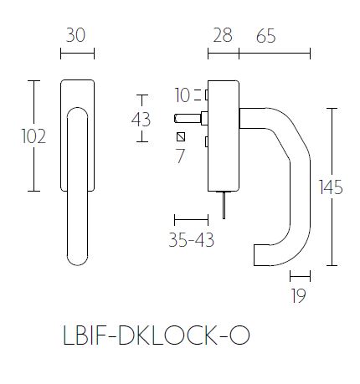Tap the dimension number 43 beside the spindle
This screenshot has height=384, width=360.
tap(141, 120)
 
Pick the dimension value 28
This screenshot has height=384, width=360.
tap(223, 36)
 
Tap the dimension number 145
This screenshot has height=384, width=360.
tap(332, 187)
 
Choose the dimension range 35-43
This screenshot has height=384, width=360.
tap(190, 241)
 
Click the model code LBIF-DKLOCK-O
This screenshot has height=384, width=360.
tap(156, 335)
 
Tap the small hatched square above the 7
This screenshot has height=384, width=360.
tap(180, 136)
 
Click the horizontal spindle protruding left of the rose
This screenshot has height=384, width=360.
tap(188, 118)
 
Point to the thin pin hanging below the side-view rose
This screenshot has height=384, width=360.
tap(223, 202)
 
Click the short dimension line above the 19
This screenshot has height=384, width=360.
tap(300, 274)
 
